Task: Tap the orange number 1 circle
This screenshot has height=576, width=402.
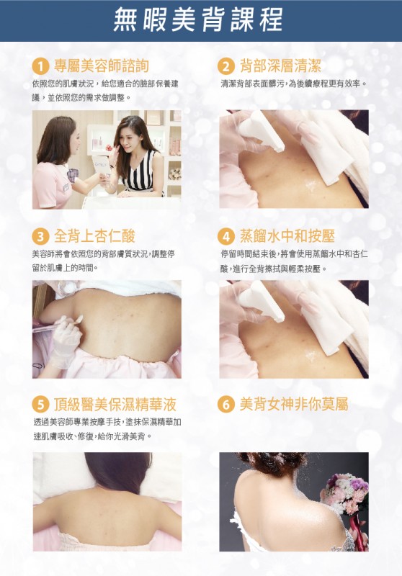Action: coord(40,66)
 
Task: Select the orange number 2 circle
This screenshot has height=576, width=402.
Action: coord(226,66)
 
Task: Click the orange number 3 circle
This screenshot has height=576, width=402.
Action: coord(40,236)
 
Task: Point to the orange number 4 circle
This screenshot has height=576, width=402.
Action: coord(226,236)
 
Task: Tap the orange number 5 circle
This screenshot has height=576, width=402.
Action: coord(40,405)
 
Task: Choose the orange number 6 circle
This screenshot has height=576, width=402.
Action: coord(226,405)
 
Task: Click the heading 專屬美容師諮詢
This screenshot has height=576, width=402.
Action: coord(102,66)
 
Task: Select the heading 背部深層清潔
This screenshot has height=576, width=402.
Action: coord(280,66)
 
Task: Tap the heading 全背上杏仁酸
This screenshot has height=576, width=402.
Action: coord(94,236)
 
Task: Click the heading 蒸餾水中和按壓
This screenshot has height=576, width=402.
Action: coord(287,236)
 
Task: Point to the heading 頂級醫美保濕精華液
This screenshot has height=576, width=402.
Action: coord(115,405)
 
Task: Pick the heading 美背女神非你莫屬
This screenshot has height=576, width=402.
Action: coord(294,404)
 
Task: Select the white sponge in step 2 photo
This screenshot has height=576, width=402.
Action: coord(262,131)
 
